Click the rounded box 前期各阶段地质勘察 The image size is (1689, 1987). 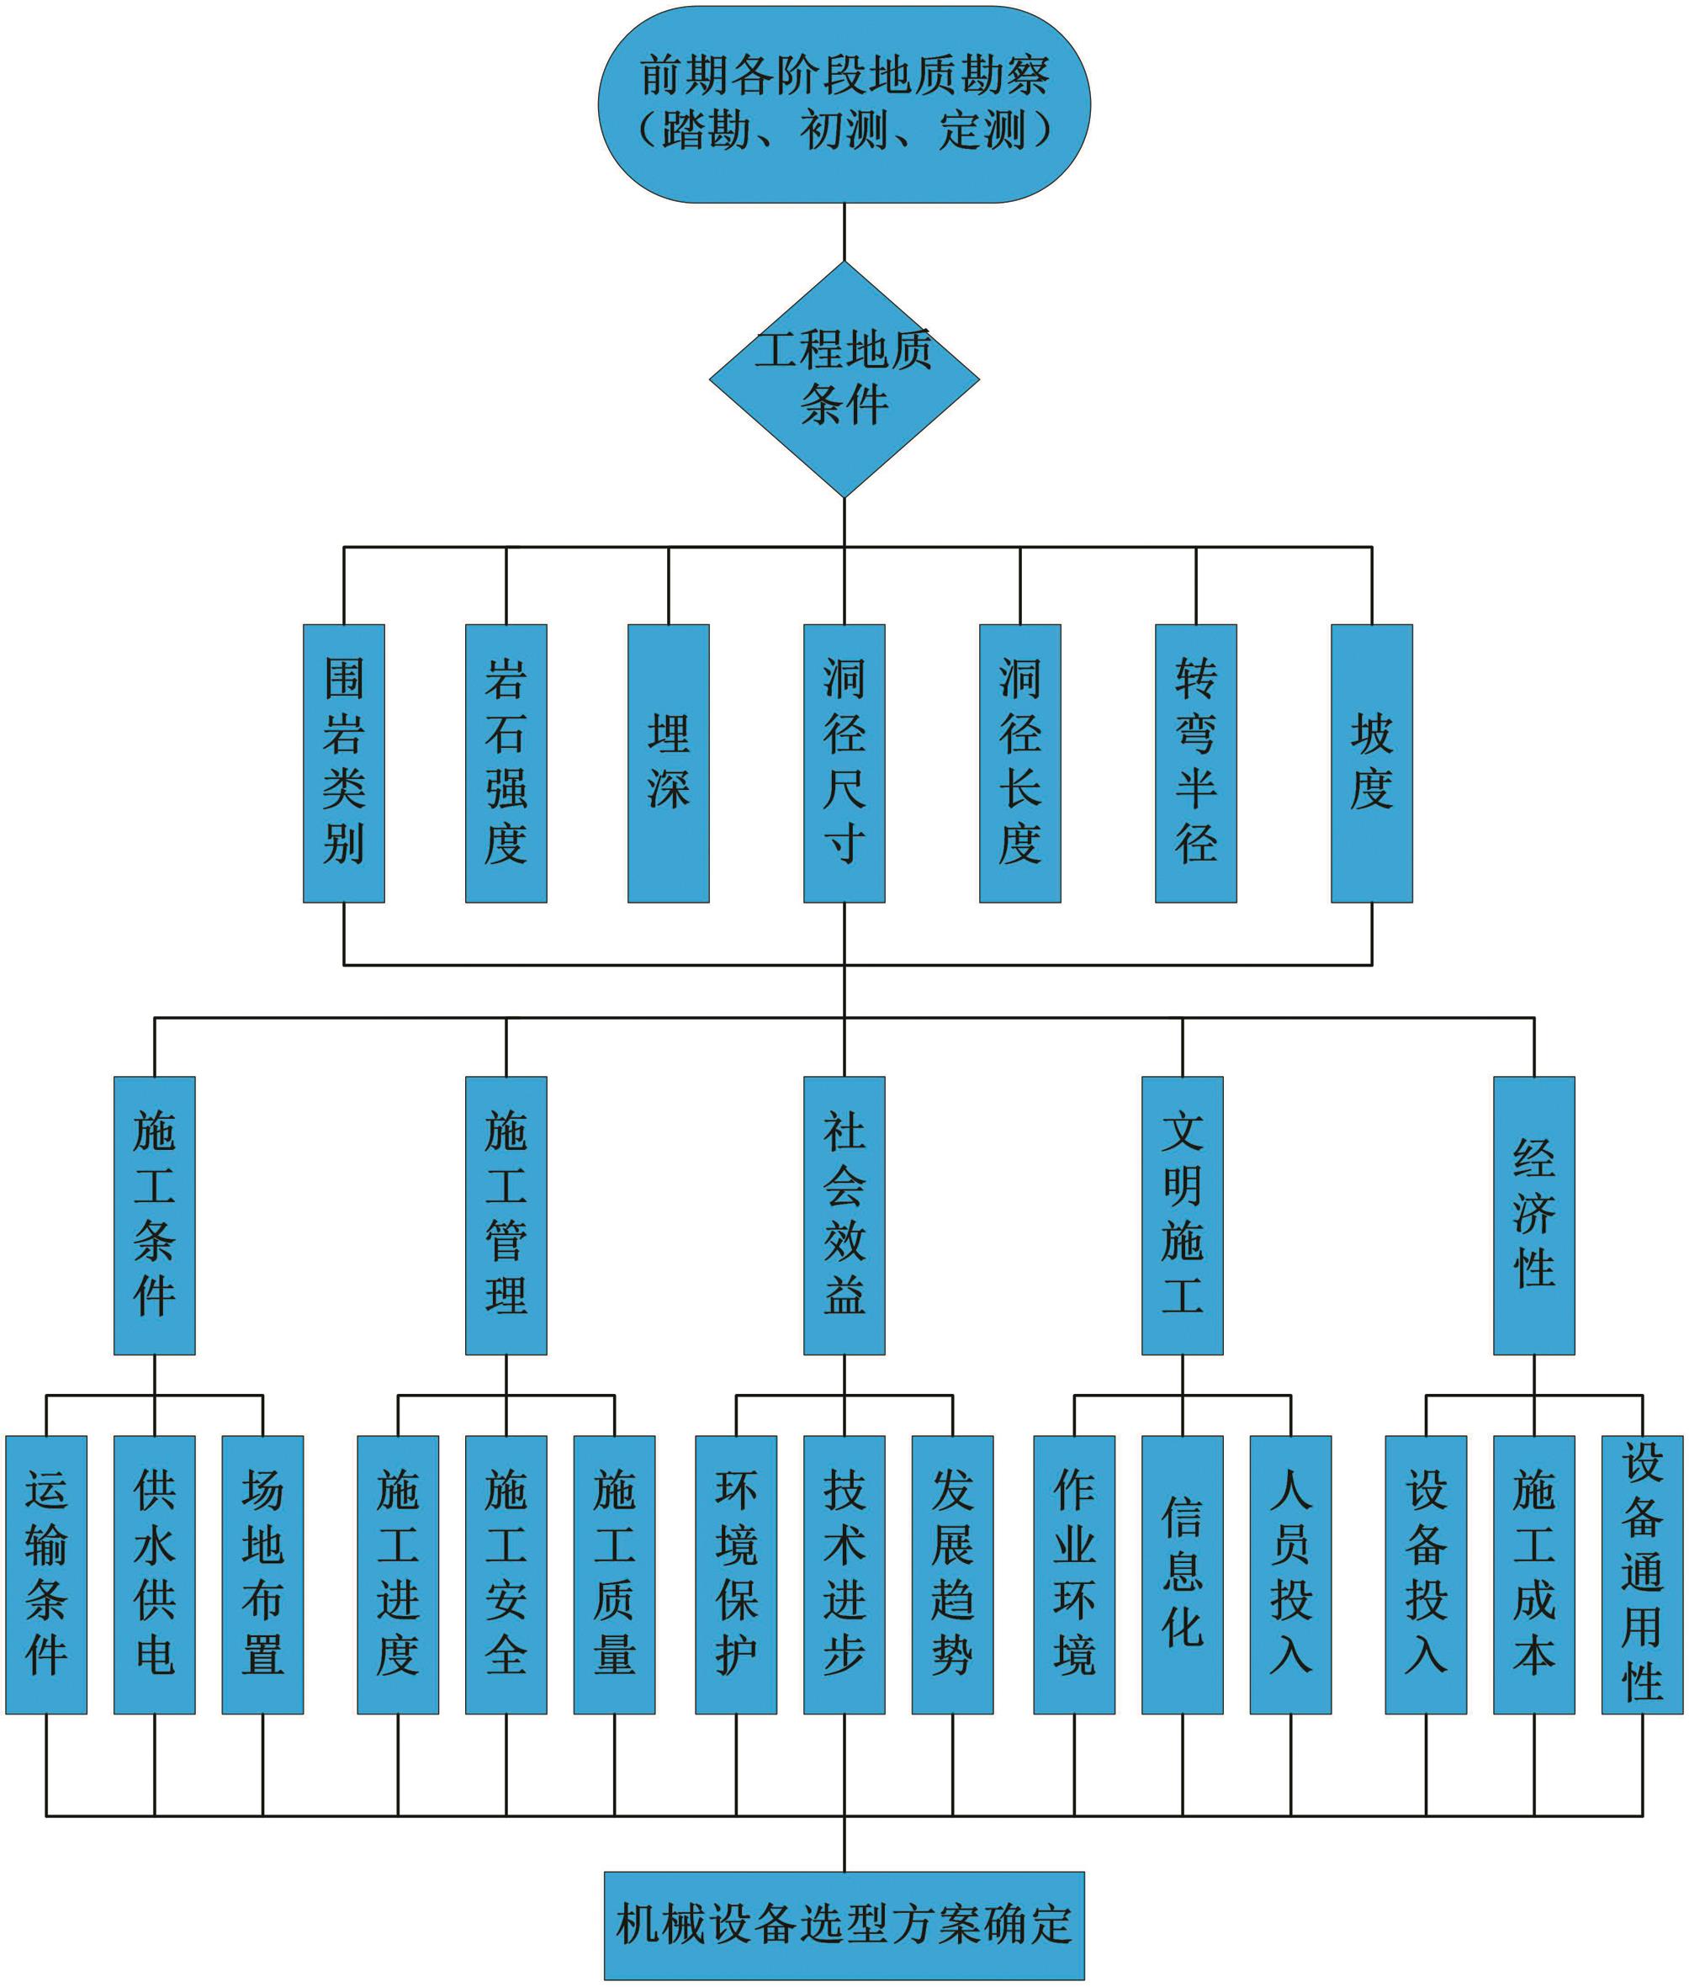(x=844, y=103)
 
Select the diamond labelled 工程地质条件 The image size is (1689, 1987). (x=844, y=379)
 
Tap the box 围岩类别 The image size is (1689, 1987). (x=344, y=763)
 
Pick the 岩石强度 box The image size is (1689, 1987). (x=506, y=763)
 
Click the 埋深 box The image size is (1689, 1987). (x=669, y=763)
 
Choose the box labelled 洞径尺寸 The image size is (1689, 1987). (x=844, y=763)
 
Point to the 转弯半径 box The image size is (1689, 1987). (x=1195, y=763)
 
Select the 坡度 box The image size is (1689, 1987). (x=1371, y=763)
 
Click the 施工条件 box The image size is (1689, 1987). (x=154, y=1216)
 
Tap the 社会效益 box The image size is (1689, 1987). (x=844, y=1216)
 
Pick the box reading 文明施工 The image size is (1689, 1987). (x=1182, y=1216)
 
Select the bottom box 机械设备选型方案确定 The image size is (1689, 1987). (x=844, y=1925)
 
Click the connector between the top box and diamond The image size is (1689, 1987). (x=844, y=231)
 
